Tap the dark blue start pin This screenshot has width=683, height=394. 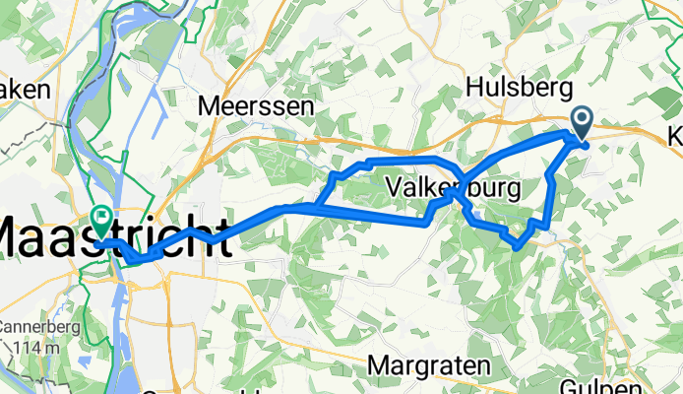tap(581, 124)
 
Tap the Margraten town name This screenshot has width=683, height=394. tap(429, 365)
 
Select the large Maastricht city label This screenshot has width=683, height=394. tap(113, 238)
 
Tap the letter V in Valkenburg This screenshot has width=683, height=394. tap(396, 186)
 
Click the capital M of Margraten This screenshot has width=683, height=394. tap(378, 365)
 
